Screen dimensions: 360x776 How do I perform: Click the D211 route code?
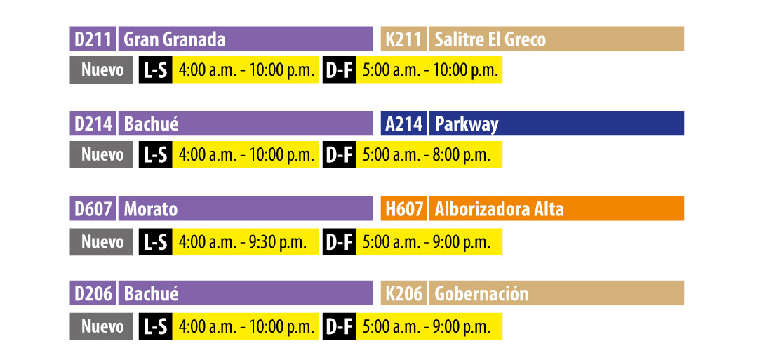(x=93, y=39)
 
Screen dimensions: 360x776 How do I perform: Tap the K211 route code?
(x=404, y=39)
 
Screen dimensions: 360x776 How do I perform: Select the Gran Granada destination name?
(x=175, y=39)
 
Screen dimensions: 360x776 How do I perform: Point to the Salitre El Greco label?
(x=490, y=39)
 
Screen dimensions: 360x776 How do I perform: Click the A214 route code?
(x=404, y=124)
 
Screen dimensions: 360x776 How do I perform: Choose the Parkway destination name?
(x=467, y=124)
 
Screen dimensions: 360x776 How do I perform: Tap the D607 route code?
(x=93, y=209)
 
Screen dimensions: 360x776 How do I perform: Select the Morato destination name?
(x=151, y=209)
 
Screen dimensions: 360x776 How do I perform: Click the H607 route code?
(x=404, y=209)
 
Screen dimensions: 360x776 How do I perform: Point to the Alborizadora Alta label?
(x=499, y=209)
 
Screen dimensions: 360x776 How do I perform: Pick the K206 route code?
(x=404, y=293)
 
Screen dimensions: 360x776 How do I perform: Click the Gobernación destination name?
(x=481, y=293)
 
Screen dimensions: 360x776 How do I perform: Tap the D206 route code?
(x=93, y=293)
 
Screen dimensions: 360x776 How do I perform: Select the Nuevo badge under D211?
(x=102, y=70)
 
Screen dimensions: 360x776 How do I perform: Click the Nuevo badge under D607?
(x=102, y=242)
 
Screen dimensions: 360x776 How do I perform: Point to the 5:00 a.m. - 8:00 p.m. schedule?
(x=427, y=155)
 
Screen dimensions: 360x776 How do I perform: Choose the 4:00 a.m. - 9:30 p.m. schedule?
(x=243, y=242)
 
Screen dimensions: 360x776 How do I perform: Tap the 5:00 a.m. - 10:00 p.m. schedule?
(x=430, y=70)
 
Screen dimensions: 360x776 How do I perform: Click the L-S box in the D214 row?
(x=155, y=155)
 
